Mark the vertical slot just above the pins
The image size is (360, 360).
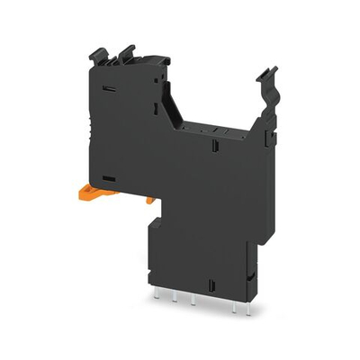[211, 286]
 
